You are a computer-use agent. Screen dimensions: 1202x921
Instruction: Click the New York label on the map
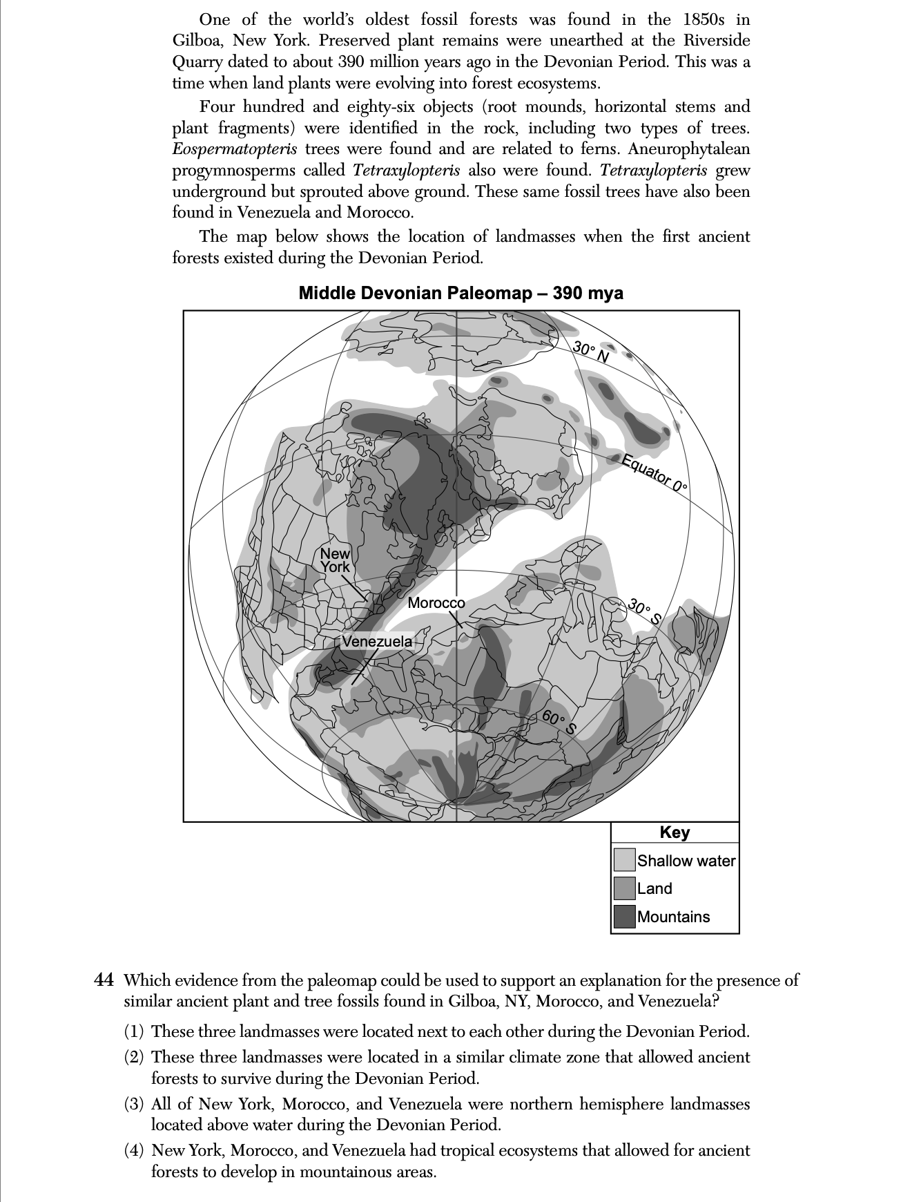click(x=335, y=560)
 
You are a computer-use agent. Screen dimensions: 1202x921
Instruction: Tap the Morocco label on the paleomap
click(x=436, y=603)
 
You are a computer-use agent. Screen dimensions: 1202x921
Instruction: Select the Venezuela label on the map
click(x=377, y=642)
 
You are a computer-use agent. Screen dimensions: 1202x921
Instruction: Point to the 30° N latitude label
click(x=592, y=352)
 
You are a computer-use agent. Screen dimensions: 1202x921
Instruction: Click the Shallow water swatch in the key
click(x=624, y=860)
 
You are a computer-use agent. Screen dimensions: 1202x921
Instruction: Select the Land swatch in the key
click(x=624, y=888)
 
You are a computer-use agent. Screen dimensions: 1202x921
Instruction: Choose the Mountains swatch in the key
click(x=624, y=917)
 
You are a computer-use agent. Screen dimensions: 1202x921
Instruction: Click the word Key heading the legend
click(x=675, y=832)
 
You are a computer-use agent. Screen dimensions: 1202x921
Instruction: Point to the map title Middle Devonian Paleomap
click(x=460, y=293)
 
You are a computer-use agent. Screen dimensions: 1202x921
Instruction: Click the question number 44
click(x=104, y=980)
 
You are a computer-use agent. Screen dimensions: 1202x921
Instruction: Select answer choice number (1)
click(x=134, y=1032)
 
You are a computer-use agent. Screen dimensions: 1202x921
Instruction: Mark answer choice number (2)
click(x=134, y=1058)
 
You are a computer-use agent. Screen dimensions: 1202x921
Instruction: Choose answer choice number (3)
click(x=134, y=1104)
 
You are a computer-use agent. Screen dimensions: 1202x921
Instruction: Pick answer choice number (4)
click(x=134, y=1150)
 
